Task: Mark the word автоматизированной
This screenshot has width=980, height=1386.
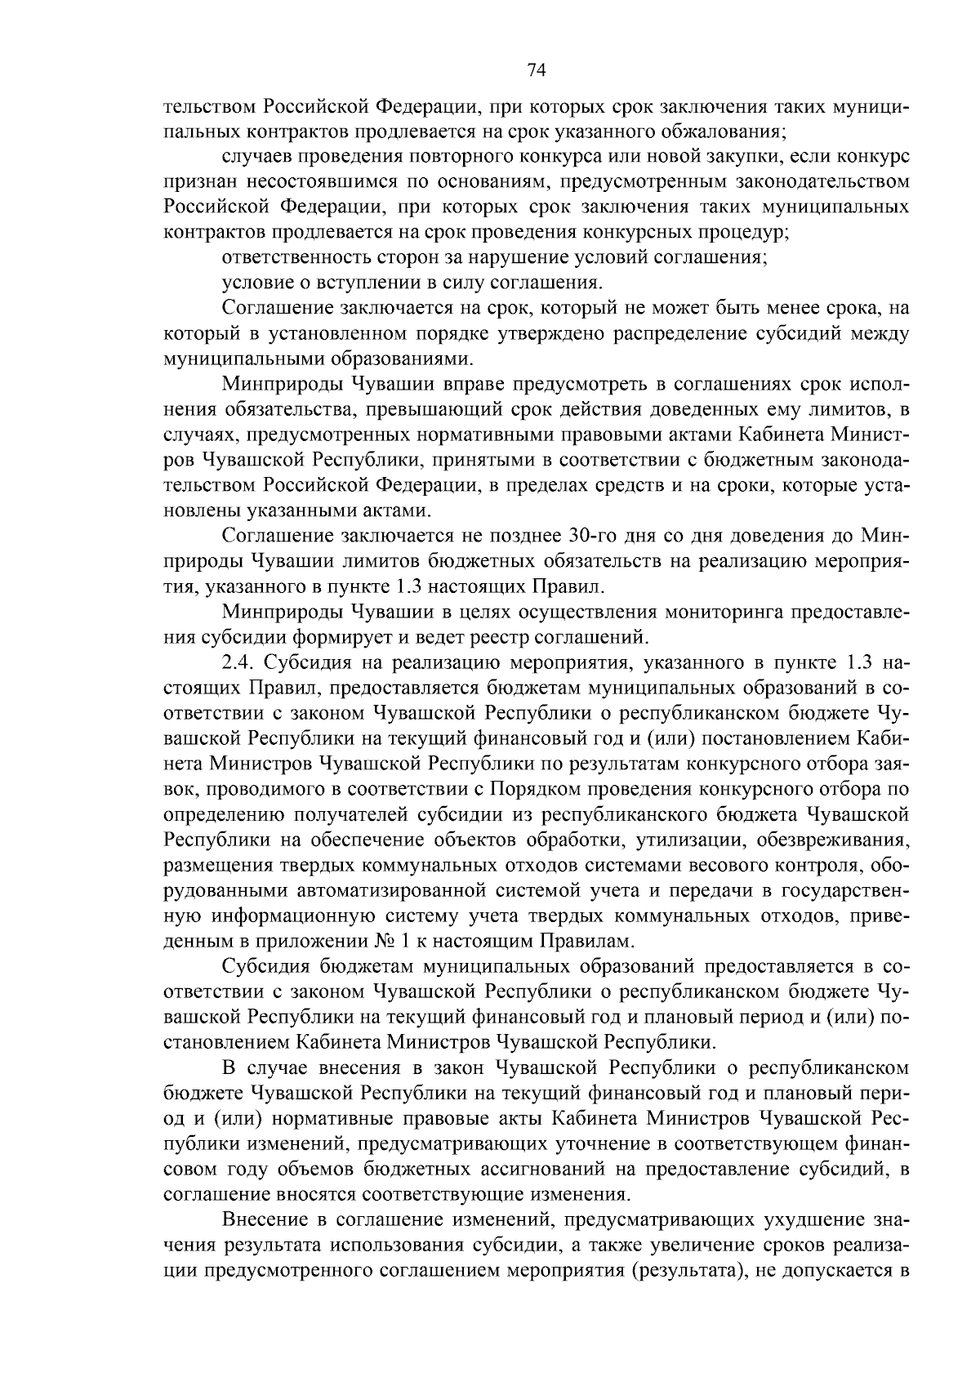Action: (394, 890)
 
